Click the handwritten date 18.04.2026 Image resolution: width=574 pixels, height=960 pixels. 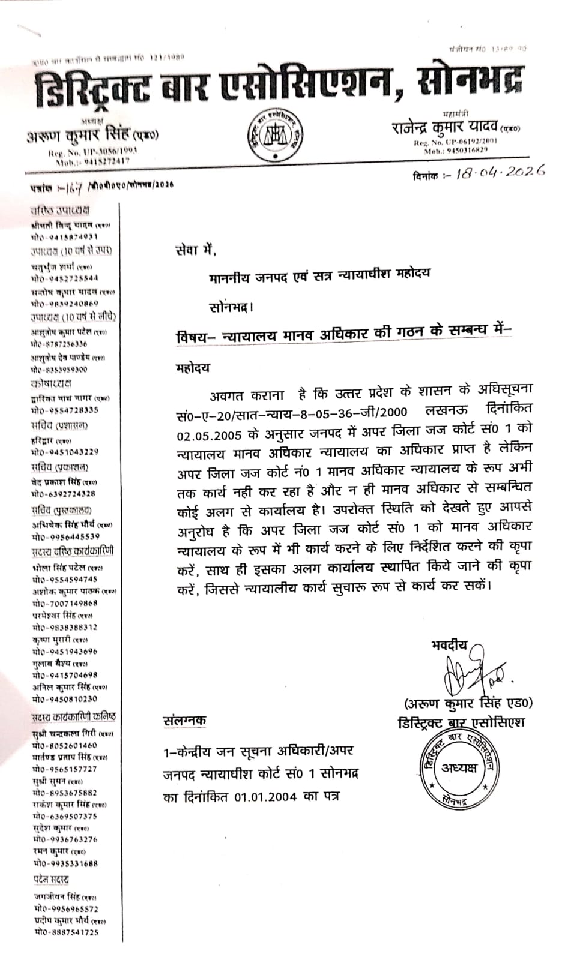click(500, 172)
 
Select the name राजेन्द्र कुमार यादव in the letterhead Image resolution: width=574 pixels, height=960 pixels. click(444, 127)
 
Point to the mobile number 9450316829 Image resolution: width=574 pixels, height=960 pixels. click(464, 151)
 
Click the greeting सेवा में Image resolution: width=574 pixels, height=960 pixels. click(195, 250)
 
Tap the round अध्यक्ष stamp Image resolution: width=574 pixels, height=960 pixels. click(459, 767)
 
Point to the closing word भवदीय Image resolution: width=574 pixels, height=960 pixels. click(449, 644)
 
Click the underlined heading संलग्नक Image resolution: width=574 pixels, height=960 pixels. click(184, 721)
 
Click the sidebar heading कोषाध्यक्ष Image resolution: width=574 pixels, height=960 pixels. click(51, 383)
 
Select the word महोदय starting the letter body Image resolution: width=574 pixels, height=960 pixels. click(193, 367)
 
